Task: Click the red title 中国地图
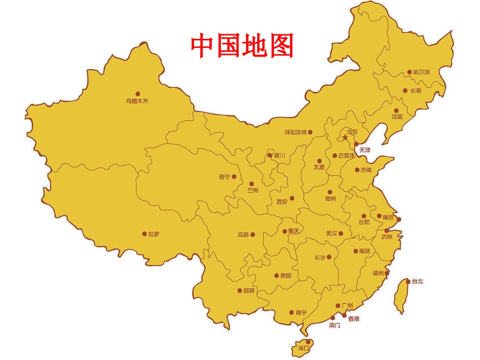point(242,46)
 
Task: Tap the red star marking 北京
point(345,137)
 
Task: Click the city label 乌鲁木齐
point(137,101)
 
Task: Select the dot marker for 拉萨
point(144,234)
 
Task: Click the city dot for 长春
point(405,91)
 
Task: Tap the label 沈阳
point(397,117)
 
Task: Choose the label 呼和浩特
point(296,132)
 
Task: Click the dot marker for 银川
point(270,156)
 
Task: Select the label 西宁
point(224,177)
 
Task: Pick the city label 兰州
point(253,190)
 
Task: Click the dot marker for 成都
point(253,234)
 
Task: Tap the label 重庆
point(294,231)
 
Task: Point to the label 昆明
point(249,291)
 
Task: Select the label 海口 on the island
point(304,348)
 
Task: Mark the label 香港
point(354,319)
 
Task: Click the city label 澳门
point(334,326)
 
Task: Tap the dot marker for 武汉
point(348,233)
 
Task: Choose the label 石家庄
point(347,156)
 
